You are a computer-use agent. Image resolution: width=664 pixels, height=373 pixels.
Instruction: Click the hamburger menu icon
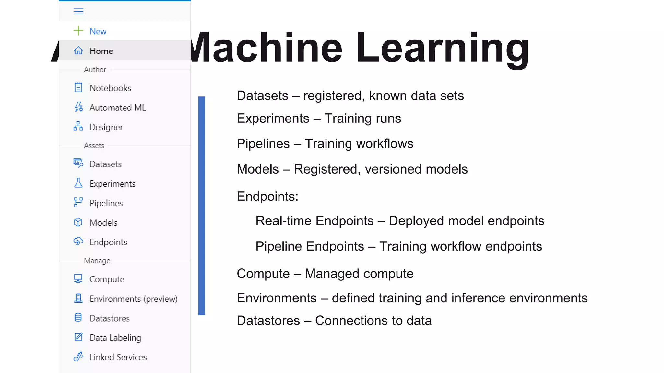(78, 12)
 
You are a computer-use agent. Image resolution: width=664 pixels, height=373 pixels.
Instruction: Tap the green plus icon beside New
(78, 31)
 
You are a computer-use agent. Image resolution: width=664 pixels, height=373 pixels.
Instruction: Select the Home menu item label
(101, 51)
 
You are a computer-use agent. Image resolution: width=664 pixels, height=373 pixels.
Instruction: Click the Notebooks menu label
(110, 88)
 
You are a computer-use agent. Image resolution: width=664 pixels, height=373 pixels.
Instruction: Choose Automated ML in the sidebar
(118, 107)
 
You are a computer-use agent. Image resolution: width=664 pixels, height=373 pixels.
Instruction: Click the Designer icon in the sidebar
(78, 127)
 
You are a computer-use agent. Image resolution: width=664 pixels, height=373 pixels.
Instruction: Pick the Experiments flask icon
(78, 183)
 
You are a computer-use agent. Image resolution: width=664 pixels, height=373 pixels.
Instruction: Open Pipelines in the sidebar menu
(106, 203)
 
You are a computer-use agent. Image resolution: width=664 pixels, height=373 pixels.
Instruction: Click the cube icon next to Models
(78, 222)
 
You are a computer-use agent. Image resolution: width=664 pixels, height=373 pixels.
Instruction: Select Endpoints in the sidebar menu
(108, 242)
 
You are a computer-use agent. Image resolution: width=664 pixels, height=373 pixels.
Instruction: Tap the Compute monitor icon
(78, 279)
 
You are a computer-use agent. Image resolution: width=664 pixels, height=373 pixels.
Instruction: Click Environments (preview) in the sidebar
(133, 299)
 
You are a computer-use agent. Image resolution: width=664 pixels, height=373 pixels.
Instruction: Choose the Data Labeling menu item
(115, 338)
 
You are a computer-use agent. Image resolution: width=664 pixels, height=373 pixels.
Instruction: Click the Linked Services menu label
(118, 357)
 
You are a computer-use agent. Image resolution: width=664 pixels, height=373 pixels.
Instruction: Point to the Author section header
(95, 70)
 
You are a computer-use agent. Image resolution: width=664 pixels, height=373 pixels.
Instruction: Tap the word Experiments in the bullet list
(273, 119)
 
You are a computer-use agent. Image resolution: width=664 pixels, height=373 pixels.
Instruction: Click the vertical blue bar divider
(202, 206)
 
